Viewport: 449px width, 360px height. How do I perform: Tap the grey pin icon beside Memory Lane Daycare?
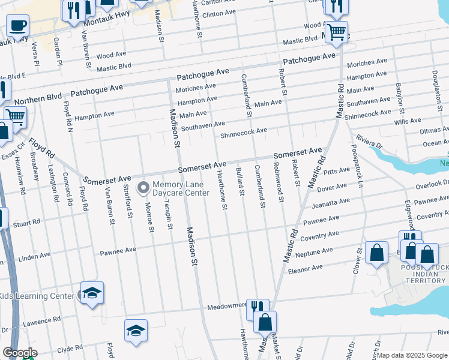click(143, 188)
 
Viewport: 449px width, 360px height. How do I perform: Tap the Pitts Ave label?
click(336, 172)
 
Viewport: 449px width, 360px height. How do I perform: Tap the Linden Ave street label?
click(34, 256)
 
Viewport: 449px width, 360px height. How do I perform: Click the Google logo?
click(19, 353)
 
